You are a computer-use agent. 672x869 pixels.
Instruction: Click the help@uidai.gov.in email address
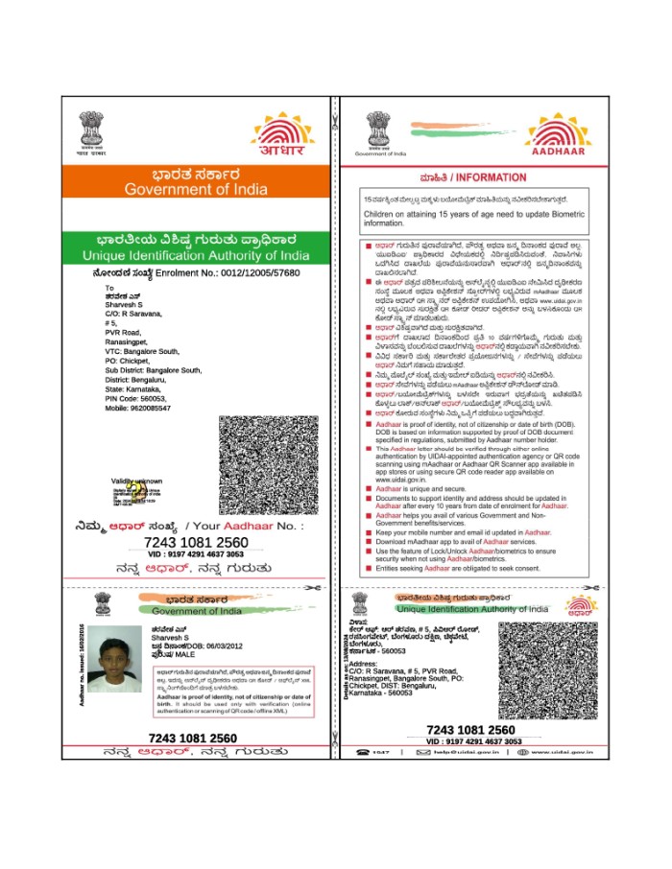pyautogui.click(x=459, y=753)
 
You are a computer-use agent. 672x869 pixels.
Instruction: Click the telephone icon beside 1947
pyautogui.click(x=364, y=753)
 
